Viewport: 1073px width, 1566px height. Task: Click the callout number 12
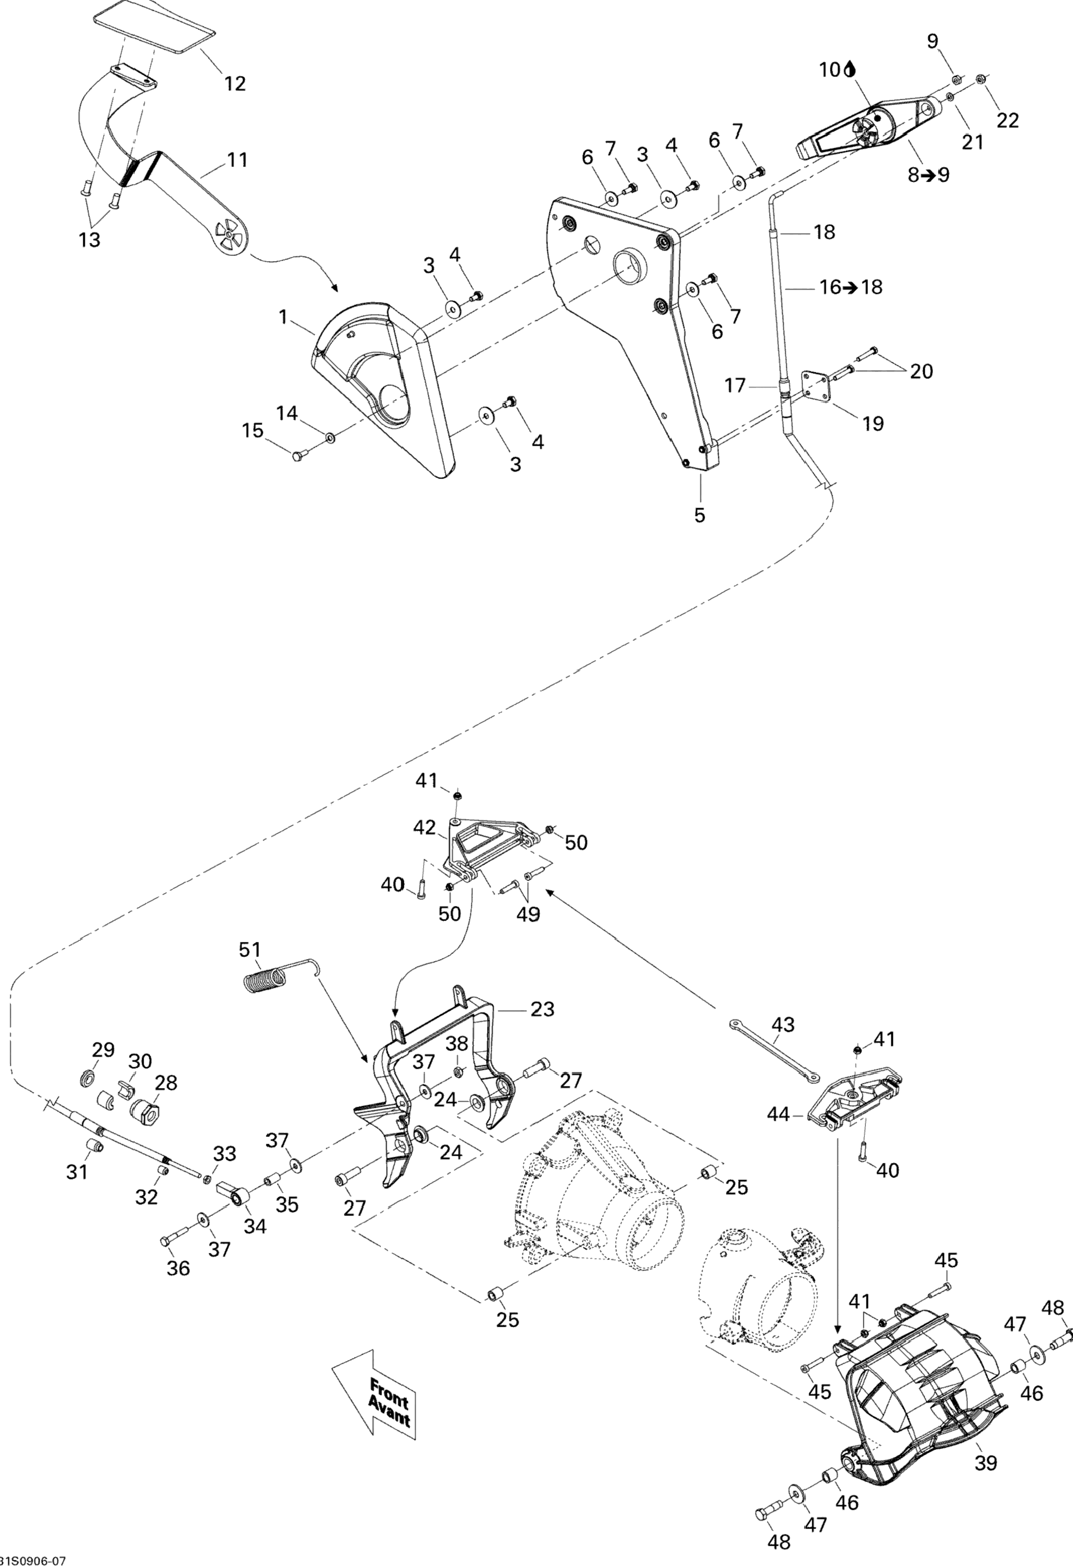pyautogui.click(x=235, y=84)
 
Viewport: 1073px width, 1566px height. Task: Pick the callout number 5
pyautogui.click(x=699, y=515)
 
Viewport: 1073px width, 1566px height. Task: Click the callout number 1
pyautogui.click(x=284, y=315)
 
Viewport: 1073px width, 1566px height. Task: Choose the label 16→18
pyautogui.click(x=851, y=287)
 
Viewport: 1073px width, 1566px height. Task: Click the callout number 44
pyautogui.click(x=779, y=1115)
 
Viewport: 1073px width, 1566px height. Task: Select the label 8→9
pyautogui.click(x=928, y=175)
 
